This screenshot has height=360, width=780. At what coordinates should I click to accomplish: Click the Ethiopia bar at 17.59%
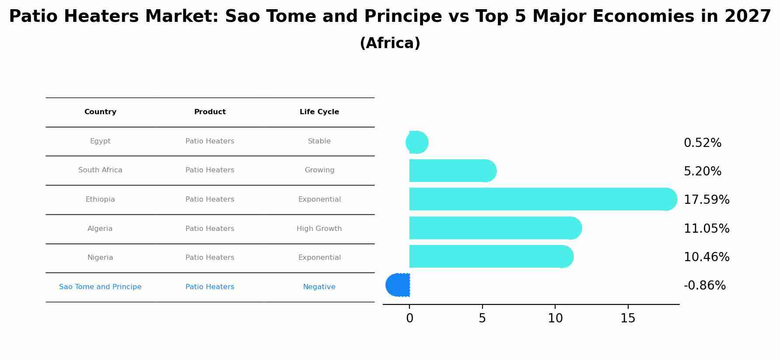tap(542, 199)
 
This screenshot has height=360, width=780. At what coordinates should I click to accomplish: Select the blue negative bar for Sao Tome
tap(398, 285)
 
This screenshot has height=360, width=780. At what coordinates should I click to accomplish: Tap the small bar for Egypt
tap(417, 142)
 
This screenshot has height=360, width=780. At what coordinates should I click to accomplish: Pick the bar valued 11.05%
tap(494, 228)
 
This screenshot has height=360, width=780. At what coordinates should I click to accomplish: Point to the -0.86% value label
tap(704, 286)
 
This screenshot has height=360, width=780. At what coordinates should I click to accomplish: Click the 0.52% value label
tap(702, 143)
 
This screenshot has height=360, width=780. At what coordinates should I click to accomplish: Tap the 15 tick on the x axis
tap(628, 318)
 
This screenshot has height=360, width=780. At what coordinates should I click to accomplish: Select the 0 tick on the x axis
tap(409, 318)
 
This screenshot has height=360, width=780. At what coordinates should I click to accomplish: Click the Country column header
tap(100, 112)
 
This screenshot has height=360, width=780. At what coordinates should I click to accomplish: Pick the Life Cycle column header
tap(319, 112)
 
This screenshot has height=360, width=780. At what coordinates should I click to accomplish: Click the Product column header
tap(210, 112)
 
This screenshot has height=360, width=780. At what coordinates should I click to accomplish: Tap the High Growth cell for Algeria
tap(319, 229)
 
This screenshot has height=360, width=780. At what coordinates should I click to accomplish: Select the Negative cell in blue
tap(319, 287)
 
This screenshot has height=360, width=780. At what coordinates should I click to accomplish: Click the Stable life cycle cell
tap(319, 141)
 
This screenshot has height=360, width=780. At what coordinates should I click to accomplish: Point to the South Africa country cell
tap(100, 170)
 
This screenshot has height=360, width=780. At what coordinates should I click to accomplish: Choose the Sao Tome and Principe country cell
tap(100, 287)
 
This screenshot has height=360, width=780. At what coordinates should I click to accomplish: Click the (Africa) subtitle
tap(390, 43)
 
